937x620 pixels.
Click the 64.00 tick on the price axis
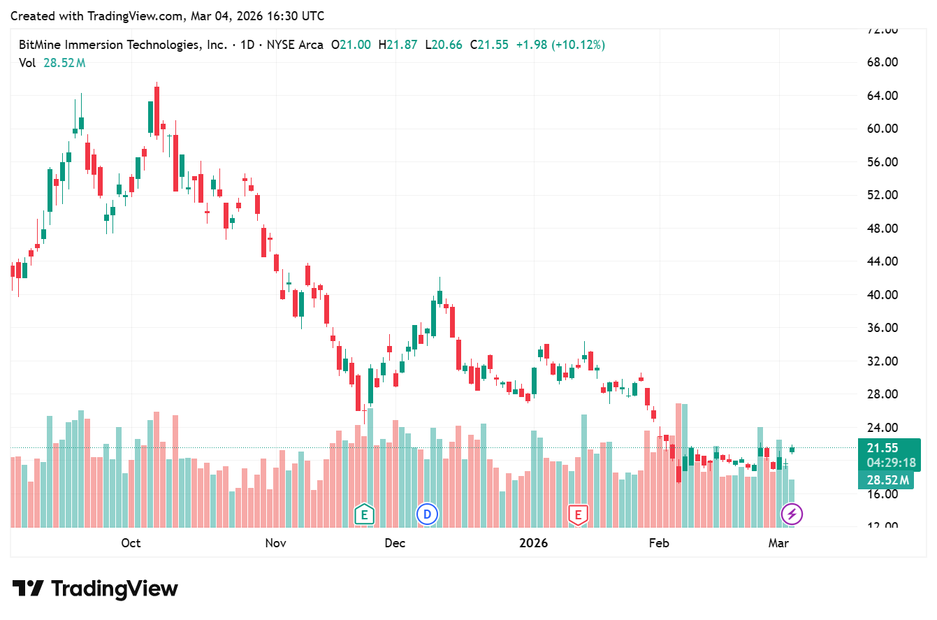pos(881,96)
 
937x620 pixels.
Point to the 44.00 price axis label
pos(881,261)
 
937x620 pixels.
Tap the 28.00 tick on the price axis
pos(881,394)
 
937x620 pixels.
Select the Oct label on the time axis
pos(131,543)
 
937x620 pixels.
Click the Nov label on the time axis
pos(276,543)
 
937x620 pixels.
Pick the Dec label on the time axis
pos(395,543)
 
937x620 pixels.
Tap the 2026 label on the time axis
pos(534,543)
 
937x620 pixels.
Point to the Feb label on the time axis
pos(659,543)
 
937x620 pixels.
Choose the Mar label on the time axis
pos(778,543)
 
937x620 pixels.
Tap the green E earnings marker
pos(363,515)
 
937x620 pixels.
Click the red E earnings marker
pos(578,515)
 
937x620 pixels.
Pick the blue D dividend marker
pos(427,515)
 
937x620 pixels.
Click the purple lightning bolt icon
pos(792,515)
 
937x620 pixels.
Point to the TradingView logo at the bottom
pos(95,589)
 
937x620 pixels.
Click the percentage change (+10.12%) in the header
pos(579,45)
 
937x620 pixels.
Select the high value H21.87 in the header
pos(398,45)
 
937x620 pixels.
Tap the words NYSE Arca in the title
pos(292,45)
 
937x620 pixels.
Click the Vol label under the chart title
pos(27,63)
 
